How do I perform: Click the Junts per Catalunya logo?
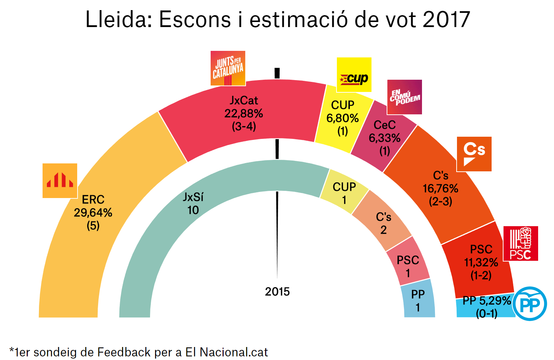tap(228, 68)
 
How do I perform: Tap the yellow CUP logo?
tap(354, 75)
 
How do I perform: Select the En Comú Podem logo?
tap(404, 97)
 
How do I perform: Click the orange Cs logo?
tap(474, 154)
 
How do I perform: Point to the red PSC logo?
tap(520, 243)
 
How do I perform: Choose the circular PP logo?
tap(529, 304)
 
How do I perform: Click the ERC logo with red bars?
tap(60, 181)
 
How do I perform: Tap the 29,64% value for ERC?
tap(93, 213)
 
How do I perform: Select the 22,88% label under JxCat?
tap(244, 114)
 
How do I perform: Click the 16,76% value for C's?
tap(440, 189)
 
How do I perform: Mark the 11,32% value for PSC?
tap(481, 263)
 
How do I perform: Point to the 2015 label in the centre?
tap(277, 291)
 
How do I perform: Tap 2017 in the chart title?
tap(447, 19)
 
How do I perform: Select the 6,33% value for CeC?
tap(384, 138)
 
